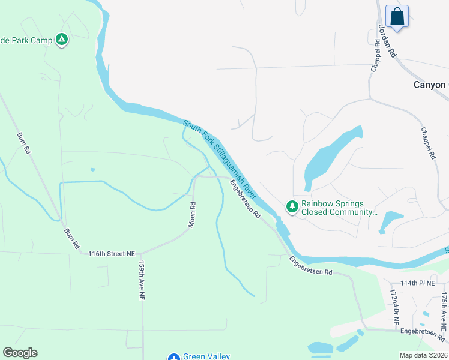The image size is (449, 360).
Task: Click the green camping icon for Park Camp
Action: [x=61, y=40]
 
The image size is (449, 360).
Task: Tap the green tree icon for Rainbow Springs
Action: [x=292, y=207]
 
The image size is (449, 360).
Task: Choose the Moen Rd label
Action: [x=193, y=214]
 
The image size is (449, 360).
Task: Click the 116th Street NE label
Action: [x=111, y=254]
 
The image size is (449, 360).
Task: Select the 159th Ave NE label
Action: [x=142, y=280]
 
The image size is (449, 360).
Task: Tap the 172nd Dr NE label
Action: [x=394, y=307]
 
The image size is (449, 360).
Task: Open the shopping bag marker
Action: [x=397, y=16]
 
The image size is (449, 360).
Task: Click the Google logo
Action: [x=20, y=353]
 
